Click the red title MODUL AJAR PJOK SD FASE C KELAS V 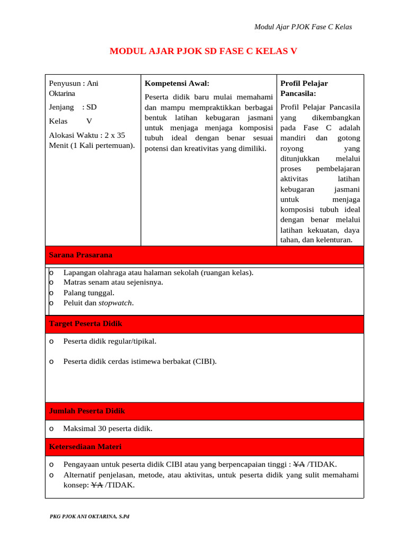click(x=203, y=51)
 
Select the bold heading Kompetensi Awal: click(x=177, y=83)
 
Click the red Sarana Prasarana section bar click(x=205, y=255)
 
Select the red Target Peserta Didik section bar click(x=205, y=323)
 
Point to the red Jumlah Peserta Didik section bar click(x=205, y=411)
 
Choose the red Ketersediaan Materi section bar click(x=205, y=447)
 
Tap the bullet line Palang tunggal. click(x=89, y=293)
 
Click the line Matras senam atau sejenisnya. click(x=113, y=282)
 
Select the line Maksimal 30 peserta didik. click(x=108, y=428)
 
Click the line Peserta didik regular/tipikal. click(x=110, y=341)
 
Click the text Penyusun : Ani click(x=74, y=83)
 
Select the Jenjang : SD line click(x=73, y=107)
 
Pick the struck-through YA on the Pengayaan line click(x=298, y=465)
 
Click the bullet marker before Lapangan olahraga click(x=51, y=273)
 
